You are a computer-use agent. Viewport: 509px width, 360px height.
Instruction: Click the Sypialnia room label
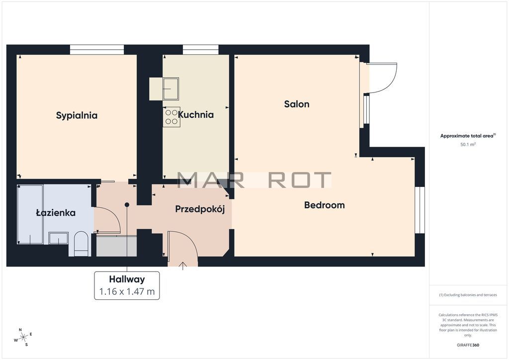click(77, 115)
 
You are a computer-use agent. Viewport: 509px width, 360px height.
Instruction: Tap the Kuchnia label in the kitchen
click(196, 114)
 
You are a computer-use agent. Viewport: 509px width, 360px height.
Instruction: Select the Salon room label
click(297, 104)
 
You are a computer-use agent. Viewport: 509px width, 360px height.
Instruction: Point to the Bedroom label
click(324, 205)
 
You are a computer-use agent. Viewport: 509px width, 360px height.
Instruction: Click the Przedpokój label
click(200, 209)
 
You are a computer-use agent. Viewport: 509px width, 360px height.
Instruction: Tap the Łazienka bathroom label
click(56, 213)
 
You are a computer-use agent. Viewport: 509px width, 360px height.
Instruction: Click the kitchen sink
click(171, 89)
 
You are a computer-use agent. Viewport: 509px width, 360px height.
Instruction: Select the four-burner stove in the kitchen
click(171, 117)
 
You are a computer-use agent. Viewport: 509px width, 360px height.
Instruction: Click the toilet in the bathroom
click(81, 244)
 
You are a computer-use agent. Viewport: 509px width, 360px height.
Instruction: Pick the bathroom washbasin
click(59, 238)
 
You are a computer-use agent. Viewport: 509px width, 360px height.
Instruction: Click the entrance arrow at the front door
click(183, 266)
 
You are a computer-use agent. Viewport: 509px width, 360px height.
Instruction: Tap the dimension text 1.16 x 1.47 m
click(127, 291)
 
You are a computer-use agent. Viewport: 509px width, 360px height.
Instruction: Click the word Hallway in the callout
click(127, 279)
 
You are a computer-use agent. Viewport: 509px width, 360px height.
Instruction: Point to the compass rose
click(23, 338)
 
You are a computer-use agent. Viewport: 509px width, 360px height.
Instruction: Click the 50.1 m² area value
click(468, 145)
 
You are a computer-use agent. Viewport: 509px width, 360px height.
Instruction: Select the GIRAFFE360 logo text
click(468, 345)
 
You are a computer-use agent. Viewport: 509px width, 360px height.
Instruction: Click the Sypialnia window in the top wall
click(97, 50)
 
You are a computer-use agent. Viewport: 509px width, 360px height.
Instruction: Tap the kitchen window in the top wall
click(201, 50)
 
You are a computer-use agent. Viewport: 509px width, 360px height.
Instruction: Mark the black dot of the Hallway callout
click(127, 205)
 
